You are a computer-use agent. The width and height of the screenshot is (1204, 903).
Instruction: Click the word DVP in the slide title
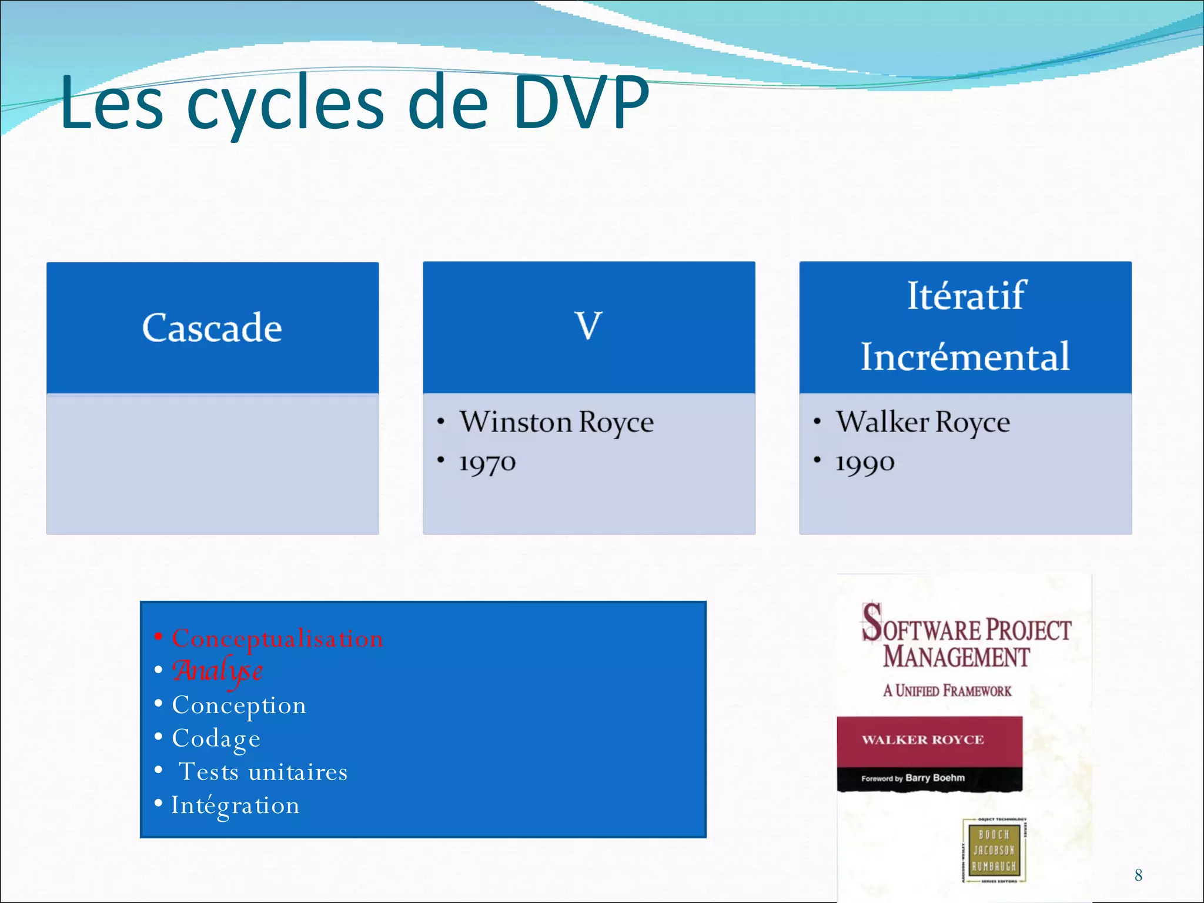(x=581, y=103)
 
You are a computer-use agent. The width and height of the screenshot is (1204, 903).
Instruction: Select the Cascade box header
(x=212, y=327)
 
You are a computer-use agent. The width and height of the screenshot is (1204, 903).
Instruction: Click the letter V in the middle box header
(x=588, y=325)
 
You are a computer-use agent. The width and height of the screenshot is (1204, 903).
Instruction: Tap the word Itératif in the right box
(x=966, y=295)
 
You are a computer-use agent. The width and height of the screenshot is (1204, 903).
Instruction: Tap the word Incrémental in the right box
(x=965, y=356)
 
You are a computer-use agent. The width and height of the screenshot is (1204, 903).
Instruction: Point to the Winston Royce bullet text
(x=556, y=422)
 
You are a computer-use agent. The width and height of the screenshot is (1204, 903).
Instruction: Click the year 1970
(x=487, y=463)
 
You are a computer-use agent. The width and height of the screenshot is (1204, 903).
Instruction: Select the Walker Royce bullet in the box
(x=922, y=422)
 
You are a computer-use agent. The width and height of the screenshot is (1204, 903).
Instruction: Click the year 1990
(x=865, y=463)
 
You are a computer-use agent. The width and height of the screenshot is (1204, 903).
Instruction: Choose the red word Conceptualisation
(x=277, y=638)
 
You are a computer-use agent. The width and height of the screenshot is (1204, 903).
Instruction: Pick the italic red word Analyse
(x=218, y=671)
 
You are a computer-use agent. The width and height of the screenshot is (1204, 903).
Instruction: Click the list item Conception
(x=239, y=705)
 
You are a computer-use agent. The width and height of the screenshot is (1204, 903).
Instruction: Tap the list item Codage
(x=216, y=738)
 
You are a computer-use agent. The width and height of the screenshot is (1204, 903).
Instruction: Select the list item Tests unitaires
(x=263, y=772)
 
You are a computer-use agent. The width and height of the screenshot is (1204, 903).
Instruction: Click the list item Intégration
(x=235, y=805)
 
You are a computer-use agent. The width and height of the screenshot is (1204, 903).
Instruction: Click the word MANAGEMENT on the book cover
(x=956, y=657)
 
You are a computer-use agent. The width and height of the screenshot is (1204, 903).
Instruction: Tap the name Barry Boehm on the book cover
(x=935, y=778)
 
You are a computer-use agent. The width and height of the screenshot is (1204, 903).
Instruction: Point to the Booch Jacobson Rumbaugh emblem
(x=993, y=850)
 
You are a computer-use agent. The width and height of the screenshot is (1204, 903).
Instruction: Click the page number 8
(x=1138, y=875)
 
